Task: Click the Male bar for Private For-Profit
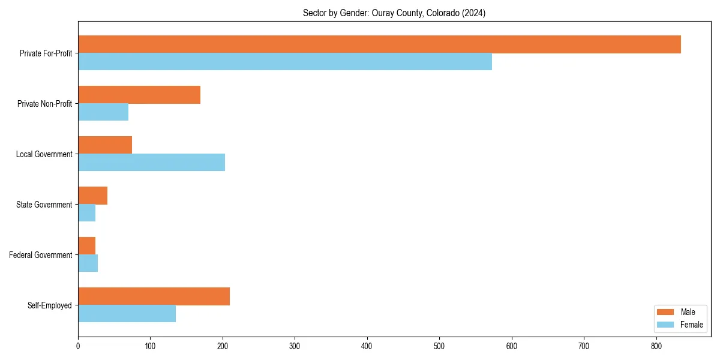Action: [379, 44]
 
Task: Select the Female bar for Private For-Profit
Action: [285, 62]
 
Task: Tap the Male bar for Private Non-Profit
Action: [139, 95]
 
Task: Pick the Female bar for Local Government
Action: [151, 163]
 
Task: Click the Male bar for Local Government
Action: [105, 145]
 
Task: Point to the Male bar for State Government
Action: [92, 196]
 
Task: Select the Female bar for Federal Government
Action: [88, 263]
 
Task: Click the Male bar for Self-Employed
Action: [154, 296]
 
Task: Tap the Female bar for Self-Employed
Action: [127, 314]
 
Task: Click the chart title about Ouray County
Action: [394, 13]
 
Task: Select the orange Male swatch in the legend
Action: [666, 312]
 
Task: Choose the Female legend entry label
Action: [691, 325]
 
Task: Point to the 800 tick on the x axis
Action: [656, 346]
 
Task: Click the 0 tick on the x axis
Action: [78, 346]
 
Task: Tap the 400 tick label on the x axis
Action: [367, 346]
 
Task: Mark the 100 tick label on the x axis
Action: [150, 346]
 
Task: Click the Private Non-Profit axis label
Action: [44, 104]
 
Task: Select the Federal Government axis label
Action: [41, 255]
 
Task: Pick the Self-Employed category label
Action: [50, 305]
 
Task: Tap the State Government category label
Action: [44, 205]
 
